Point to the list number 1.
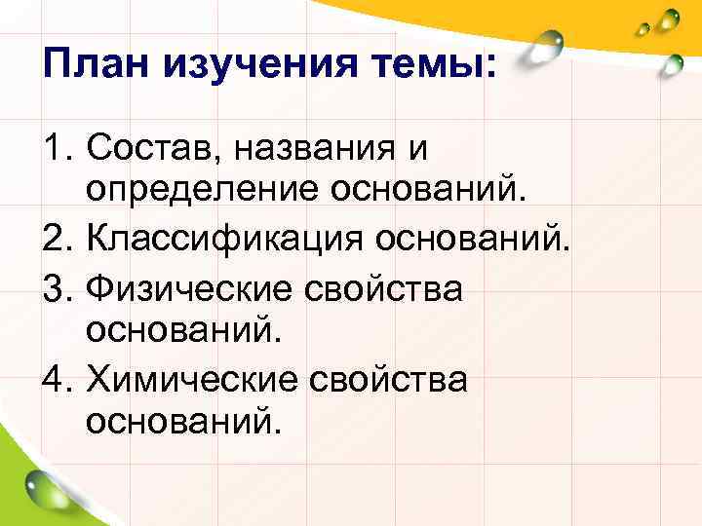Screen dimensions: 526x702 click(x=56, y=149)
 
